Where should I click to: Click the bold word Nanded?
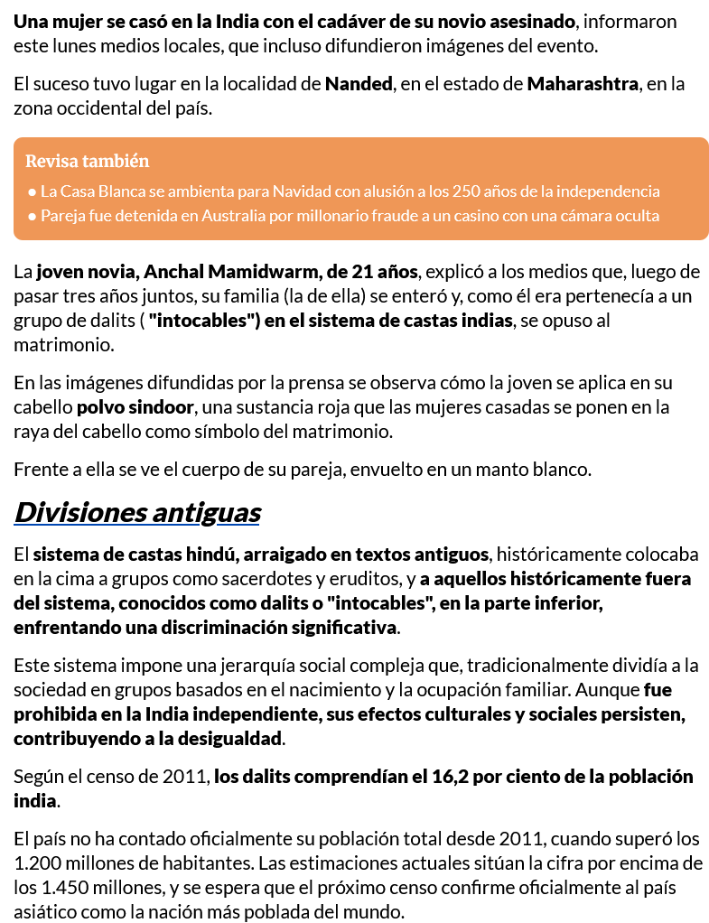point(359,85)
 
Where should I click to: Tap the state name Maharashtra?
point(583,85)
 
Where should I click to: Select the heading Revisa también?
point(87,162)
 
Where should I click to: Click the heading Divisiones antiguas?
point(137,513)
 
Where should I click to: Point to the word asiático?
point(44,912)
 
